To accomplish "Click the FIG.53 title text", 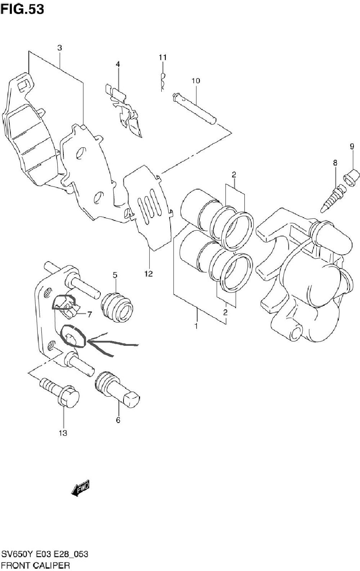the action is click(x=22, y=9).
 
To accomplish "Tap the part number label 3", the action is click(x=60, y=48).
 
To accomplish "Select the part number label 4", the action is click(x=118, y=64).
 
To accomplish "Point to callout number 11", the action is click(x=163, y=57).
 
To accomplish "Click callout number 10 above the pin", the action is click(x=196, y=81).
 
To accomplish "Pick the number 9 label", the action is click(x=352, y=146).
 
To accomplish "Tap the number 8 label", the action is click(x=335, y=162).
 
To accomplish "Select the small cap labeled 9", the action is click(x=352, y=177).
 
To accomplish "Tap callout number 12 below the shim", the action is click(x=149, y=274).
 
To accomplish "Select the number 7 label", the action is click(x=89, y=315).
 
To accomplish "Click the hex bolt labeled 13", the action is click(x=60, y=393).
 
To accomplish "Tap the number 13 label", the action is click(x=63, y=433).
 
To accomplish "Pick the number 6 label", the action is click(x=118, y=420).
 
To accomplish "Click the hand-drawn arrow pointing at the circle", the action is click(x=112, y=344).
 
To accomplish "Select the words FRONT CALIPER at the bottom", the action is click(x=35, y=565).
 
